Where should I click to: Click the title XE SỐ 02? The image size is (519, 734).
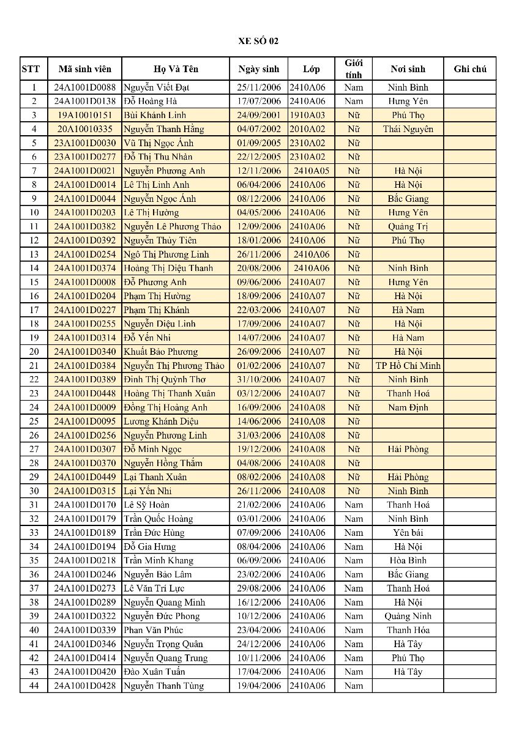(x=258, y=41)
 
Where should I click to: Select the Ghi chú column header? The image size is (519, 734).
(x=470, y=69)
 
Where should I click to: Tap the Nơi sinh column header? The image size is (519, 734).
(x=408, y=69)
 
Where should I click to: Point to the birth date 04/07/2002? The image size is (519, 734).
(x=259, y=129)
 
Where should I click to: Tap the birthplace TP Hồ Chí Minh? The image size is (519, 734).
(x=408, y=366)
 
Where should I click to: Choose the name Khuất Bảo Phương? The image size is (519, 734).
(x=161, y=352)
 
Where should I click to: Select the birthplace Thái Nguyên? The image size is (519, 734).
(x=408, y=129)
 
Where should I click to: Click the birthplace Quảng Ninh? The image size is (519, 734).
(x=408, y=616)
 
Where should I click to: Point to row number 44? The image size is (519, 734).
(x=34, y=686)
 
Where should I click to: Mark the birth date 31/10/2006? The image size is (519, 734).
(x=259, y=379)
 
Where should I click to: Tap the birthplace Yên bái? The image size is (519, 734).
(x=408, y=533)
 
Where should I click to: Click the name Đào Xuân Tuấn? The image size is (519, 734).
(x=154, y=672)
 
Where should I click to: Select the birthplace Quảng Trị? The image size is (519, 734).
(x=408, y=226)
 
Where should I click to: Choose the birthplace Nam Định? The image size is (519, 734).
(x=408, y=407)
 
